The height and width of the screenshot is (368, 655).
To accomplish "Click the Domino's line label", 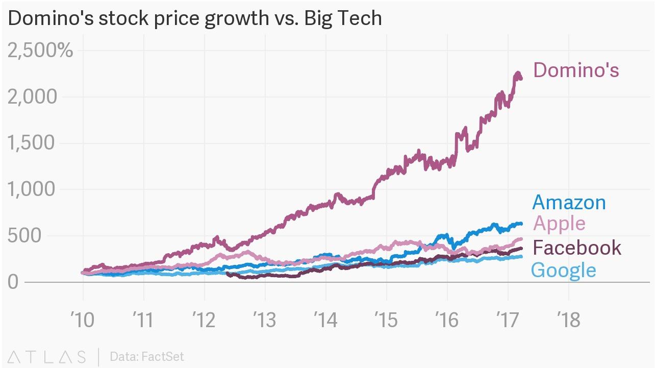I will pos(576,70).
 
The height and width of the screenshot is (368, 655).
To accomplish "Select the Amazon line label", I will pos(569,203).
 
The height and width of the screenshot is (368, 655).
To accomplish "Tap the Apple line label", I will pos(559,224).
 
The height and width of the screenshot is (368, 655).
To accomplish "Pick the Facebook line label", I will pos(577,248).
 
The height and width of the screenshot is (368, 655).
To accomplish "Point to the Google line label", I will pos(563,270).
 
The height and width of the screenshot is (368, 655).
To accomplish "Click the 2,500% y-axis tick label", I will pos(40,51).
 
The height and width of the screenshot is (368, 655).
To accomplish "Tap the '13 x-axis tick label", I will pos(265,320).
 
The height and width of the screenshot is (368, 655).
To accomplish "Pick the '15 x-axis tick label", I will pos(386,320).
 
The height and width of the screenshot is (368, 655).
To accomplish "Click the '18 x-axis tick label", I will pos(568,320).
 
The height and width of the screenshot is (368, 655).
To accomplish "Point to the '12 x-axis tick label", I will pos(204,320).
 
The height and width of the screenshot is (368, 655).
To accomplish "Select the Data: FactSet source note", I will pos(146,356).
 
